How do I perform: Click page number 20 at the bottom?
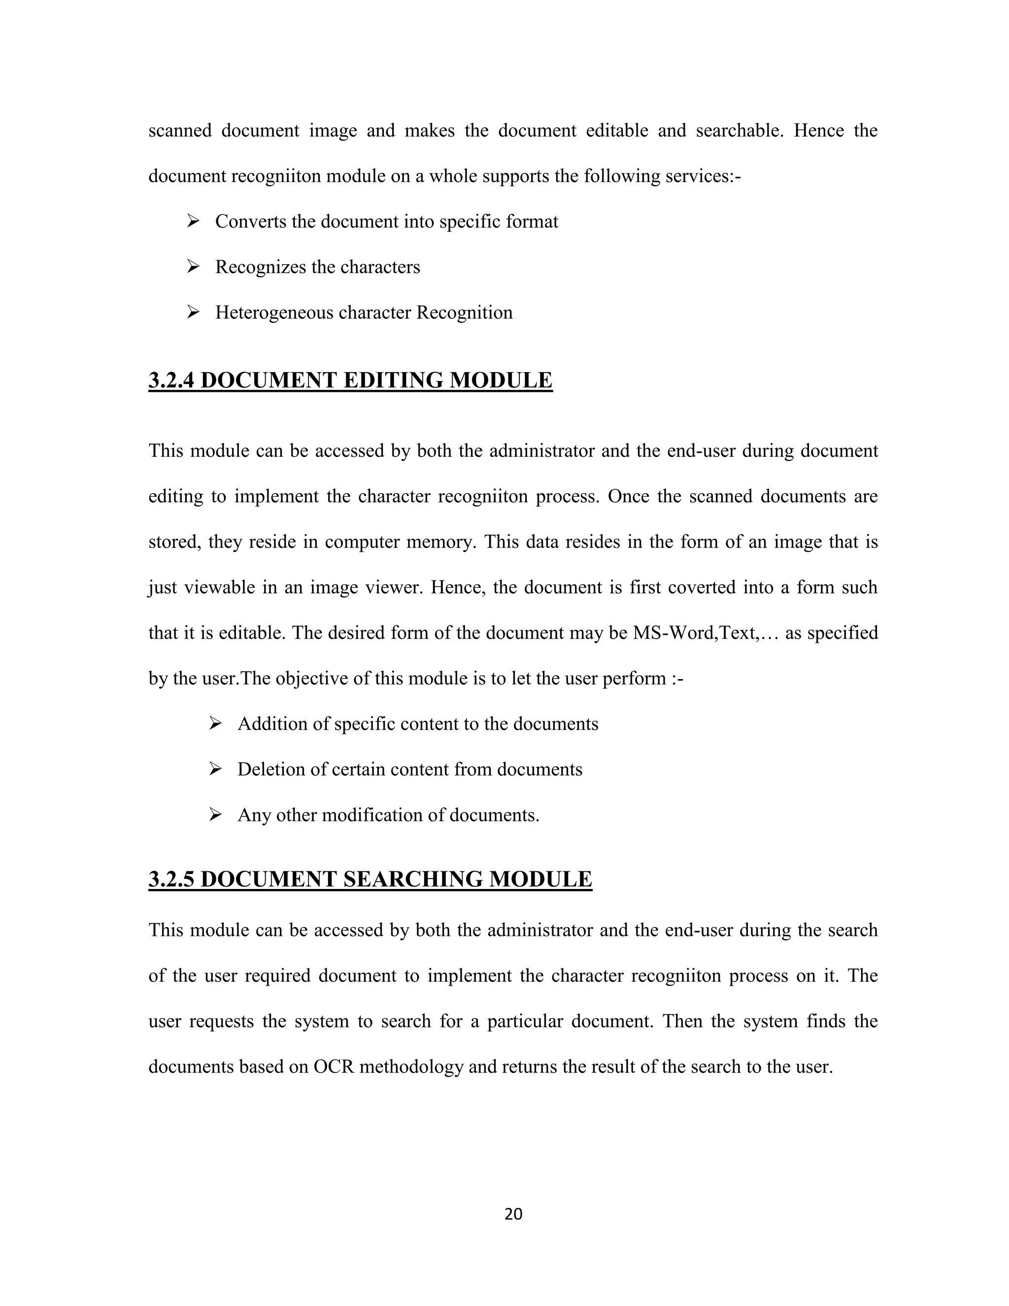tap(513, 1213)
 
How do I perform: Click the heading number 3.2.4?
tap(171, 380)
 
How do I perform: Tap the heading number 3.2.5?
tap(171, 879)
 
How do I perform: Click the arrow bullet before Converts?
tap(193, 222)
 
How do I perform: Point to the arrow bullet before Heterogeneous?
tap(193, 312)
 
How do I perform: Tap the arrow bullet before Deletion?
tap(215, 769)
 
